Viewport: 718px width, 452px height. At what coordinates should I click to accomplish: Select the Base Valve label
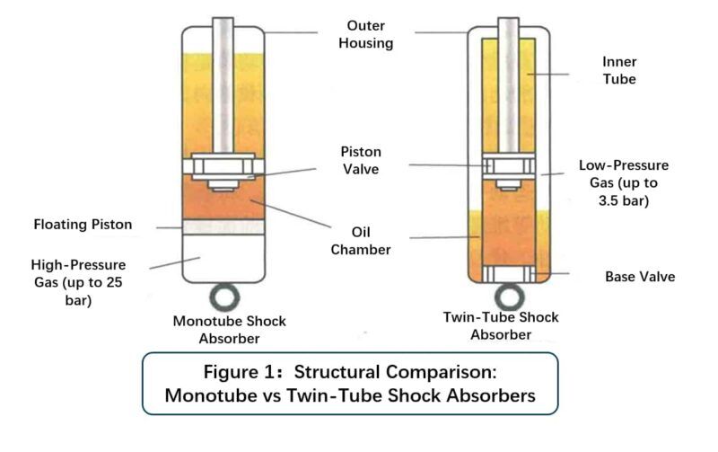640,277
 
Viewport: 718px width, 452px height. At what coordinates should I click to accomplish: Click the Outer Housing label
366,32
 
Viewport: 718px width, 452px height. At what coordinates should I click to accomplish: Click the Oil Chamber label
367,241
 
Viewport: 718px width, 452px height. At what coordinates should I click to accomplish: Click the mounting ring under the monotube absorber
223,297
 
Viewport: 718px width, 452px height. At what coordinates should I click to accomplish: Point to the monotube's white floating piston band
223,227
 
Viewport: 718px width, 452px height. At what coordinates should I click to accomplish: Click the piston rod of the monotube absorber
223,81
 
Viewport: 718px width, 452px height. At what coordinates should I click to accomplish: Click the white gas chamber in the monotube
223,258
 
